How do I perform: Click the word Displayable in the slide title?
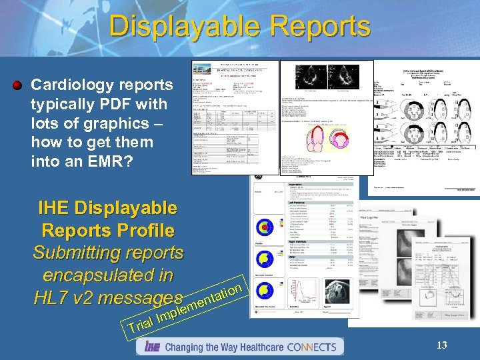click(179, 27)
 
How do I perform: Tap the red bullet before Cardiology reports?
click(18, 85)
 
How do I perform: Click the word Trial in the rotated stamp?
click(141, 323)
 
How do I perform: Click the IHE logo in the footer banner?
click(151, 347)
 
